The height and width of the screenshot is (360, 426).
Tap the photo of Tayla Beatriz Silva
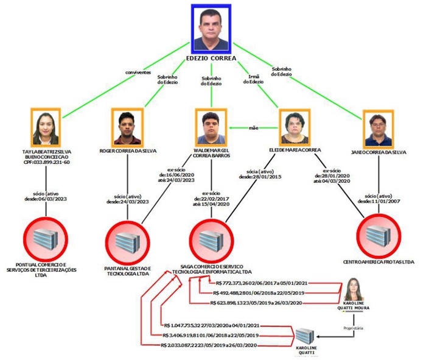tap(47, 127)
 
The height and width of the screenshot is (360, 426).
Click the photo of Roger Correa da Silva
tap(128, 127)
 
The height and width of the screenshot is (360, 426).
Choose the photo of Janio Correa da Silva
tap(378, 128)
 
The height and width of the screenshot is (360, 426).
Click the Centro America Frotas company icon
tap(378, 233)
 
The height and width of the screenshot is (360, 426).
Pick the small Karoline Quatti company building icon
tap(306, 336)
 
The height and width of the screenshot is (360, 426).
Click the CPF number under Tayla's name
tap(47, 163)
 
